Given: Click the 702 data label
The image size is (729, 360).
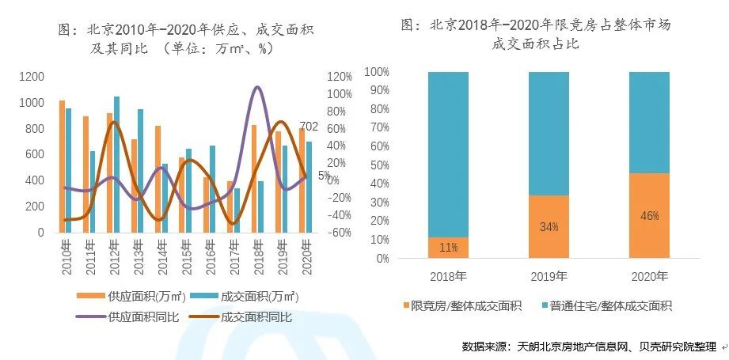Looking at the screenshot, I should (309, 127).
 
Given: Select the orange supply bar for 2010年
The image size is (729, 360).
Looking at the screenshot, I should (62, 166).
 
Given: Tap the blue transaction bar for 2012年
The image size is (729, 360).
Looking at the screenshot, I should (116, 164).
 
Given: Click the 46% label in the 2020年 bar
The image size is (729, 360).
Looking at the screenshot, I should (649, 215).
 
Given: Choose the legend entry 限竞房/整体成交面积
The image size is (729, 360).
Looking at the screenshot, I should (456, 305).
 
